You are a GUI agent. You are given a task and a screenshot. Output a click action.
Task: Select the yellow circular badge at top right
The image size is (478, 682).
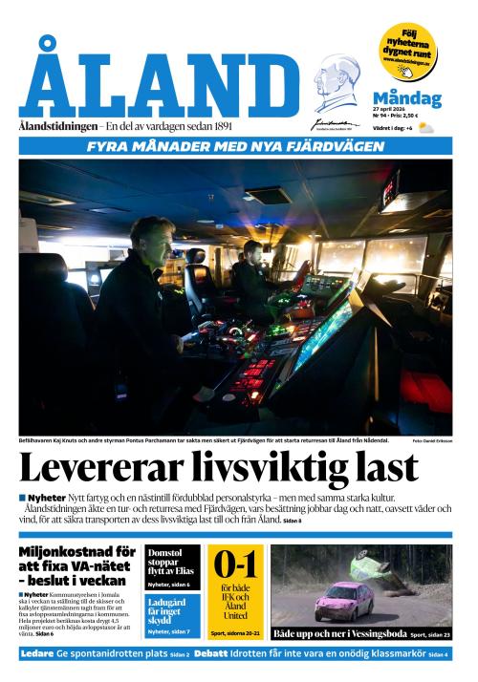(x=408, y=52)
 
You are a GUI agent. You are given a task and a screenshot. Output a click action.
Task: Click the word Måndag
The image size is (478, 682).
(x=406, y=97)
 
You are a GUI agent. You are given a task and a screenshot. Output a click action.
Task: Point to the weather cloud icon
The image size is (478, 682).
(x=425, y=127)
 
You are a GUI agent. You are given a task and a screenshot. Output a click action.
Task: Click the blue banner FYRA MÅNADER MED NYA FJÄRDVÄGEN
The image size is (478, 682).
(x=235, y=146)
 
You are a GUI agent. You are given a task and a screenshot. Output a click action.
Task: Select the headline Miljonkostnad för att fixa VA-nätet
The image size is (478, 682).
(x=77, y=565)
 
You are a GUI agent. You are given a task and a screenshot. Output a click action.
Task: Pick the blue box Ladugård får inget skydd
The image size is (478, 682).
(x=173, y=614)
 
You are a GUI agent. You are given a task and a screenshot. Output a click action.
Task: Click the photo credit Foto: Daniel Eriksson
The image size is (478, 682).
(x=432, y=440)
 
